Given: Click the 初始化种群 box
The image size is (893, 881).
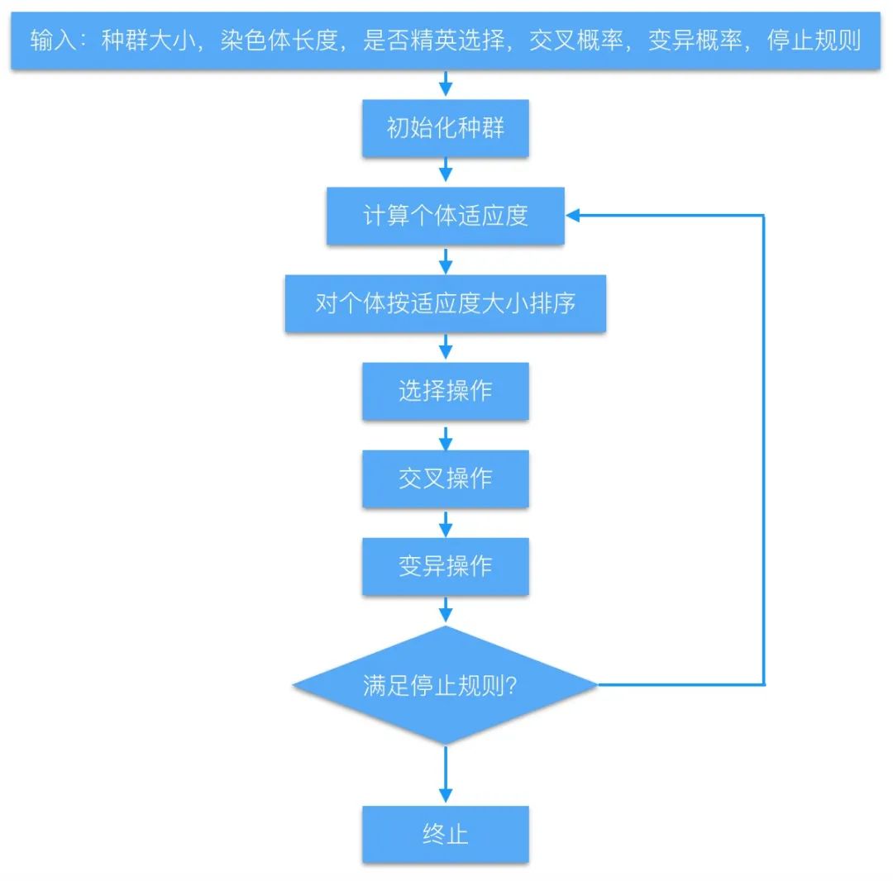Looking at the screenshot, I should (x=446, y=128).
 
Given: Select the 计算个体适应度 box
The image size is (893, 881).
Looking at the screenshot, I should (x=446, y=216).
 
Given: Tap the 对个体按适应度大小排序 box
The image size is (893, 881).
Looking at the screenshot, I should (x=446, y=303).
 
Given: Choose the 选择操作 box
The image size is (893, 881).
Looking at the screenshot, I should (x=446, y=391).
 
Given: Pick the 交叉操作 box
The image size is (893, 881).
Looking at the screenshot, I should (x=446, y=479).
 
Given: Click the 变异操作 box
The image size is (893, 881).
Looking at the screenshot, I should (x=446, y=566).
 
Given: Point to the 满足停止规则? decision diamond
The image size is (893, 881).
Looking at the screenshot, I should (x=446, y=685).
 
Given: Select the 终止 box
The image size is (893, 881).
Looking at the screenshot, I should (x=446, y=834).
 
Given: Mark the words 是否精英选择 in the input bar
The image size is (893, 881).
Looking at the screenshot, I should (x=433, y=40).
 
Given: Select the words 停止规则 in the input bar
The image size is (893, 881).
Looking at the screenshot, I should (x=814, y=40).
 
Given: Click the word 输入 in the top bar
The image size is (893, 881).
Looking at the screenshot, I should (x=52, y=40).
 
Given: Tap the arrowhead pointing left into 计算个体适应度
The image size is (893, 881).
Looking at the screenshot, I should (x=575, y=216).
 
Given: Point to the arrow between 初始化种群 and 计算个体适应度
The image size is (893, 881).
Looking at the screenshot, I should (x=446, y=172).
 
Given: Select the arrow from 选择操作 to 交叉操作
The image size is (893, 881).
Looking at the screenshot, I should (x=446, y=435).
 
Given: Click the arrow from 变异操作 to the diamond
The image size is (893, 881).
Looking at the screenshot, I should (x=446, y=610).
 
